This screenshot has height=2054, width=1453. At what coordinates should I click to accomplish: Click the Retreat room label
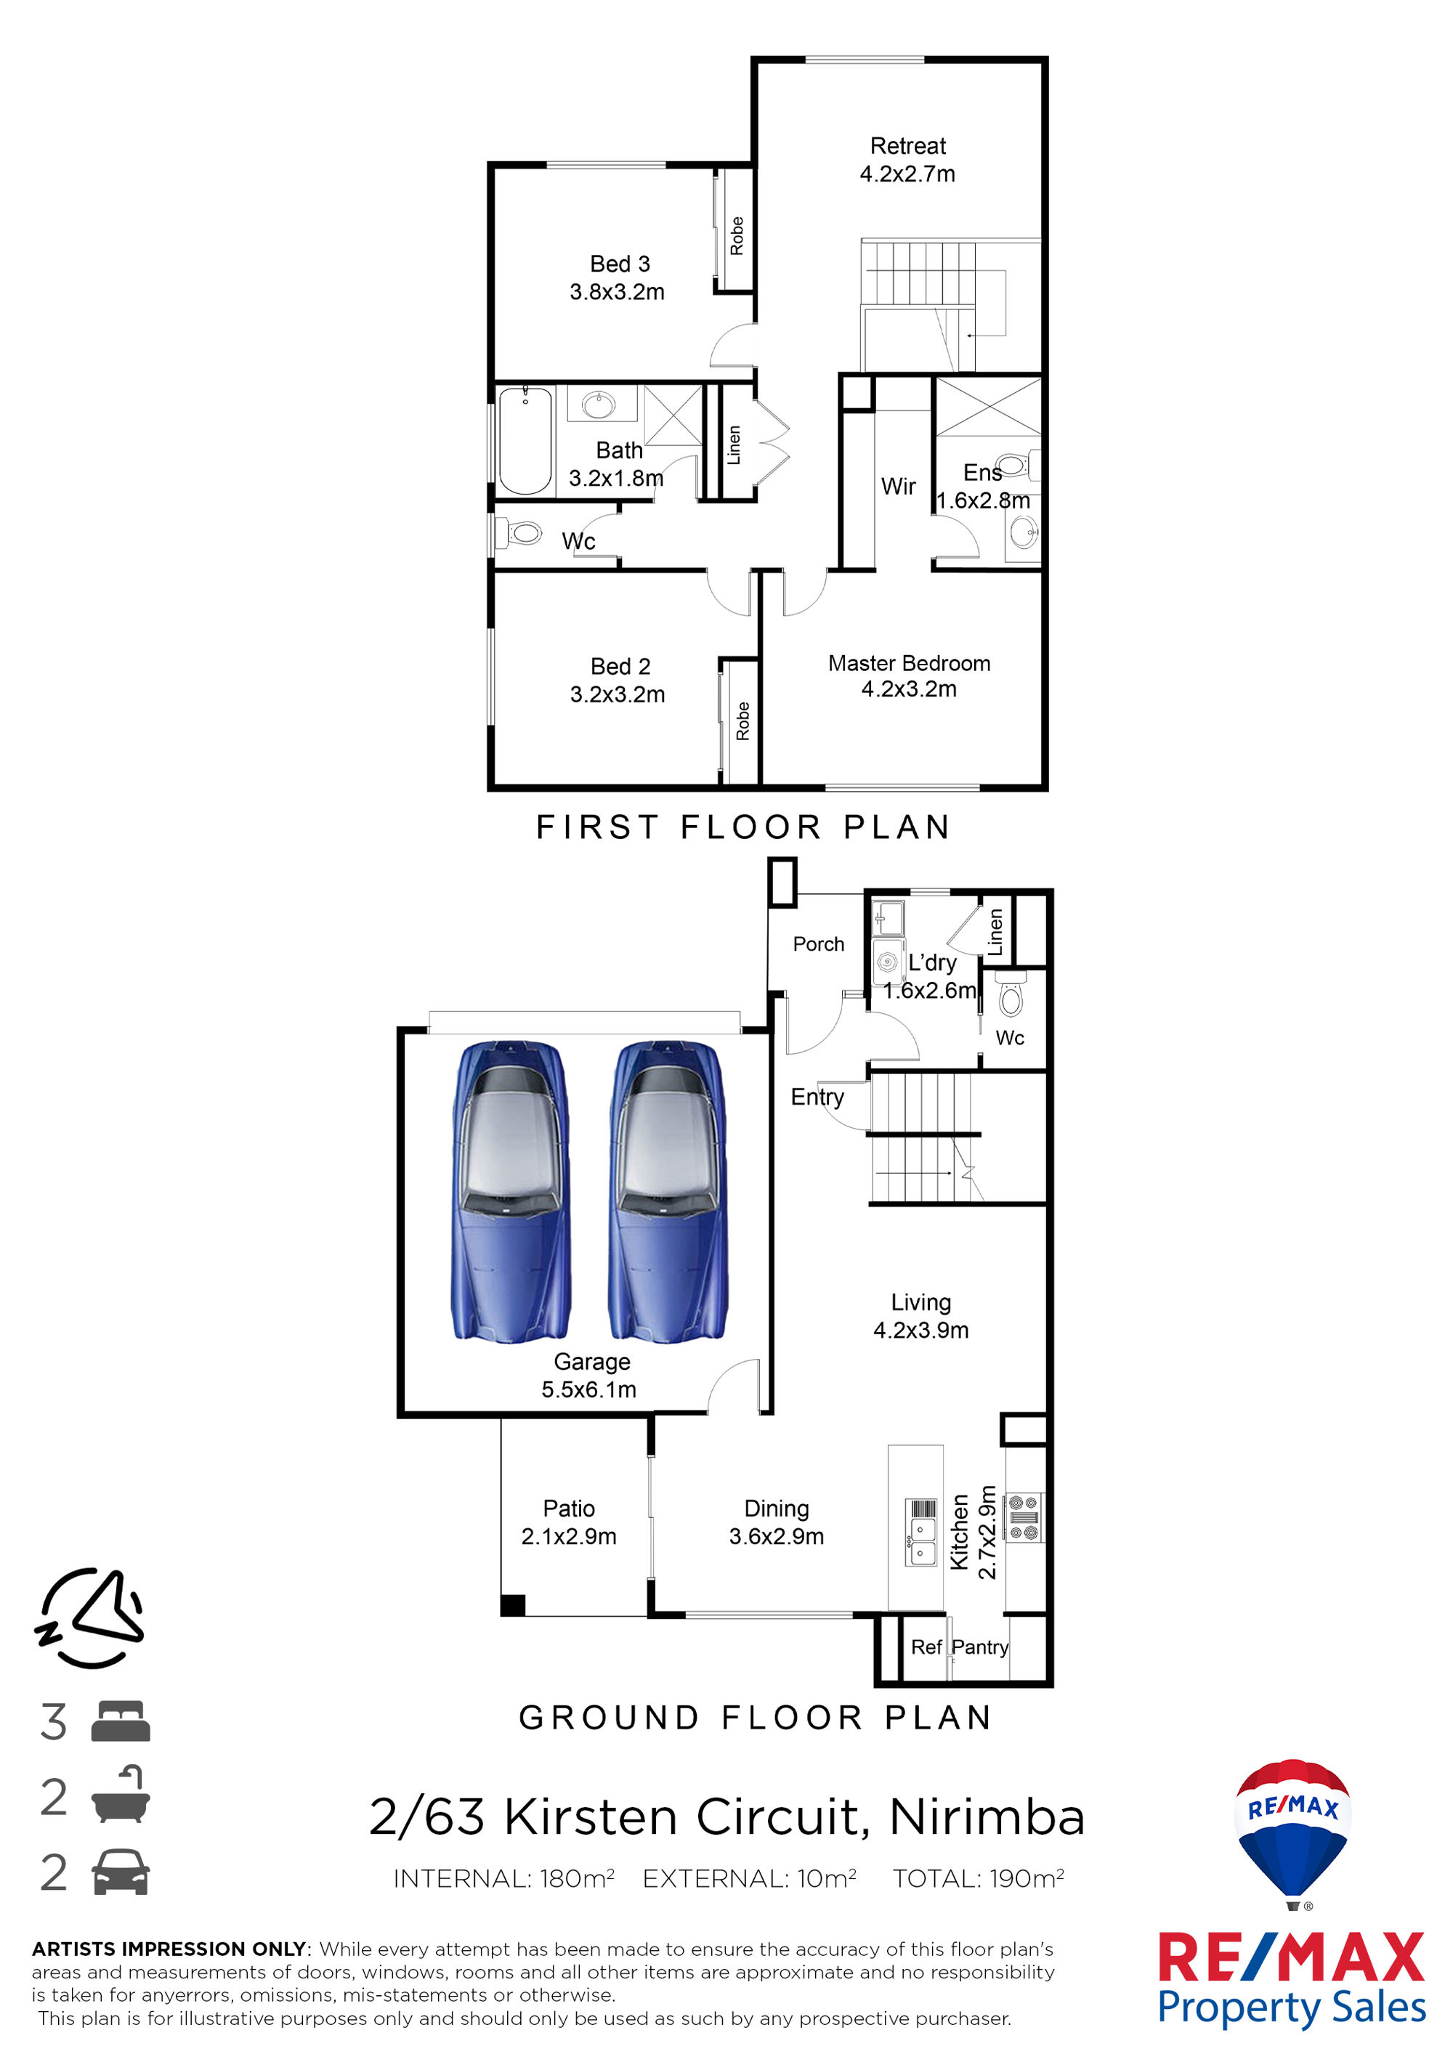907,146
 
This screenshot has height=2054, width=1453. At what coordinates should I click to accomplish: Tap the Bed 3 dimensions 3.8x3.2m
618,292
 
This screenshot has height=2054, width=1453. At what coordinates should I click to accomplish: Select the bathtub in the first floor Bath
525,440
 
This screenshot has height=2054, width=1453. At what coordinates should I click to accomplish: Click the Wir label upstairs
898,486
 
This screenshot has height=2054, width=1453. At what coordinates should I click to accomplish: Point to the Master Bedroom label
909,663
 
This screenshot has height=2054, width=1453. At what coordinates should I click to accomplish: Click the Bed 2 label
620,667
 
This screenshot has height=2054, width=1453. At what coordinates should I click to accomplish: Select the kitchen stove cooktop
1024,1517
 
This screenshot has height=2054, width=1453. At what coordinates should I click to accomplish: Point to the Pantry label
980,1647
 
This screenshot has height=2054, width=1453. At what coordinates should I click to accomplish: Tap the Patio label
569,1509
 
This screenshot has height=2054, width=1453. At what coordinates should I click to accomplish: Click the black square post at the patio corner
513,1605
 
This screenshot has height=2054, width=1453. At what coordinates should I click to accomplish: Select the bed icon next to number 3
121,1721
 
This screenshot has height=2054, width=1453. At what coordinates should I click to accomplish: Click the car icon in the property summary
121,1872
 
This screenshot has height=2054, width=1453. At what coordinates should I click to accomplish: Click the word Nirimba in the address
987,1817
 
